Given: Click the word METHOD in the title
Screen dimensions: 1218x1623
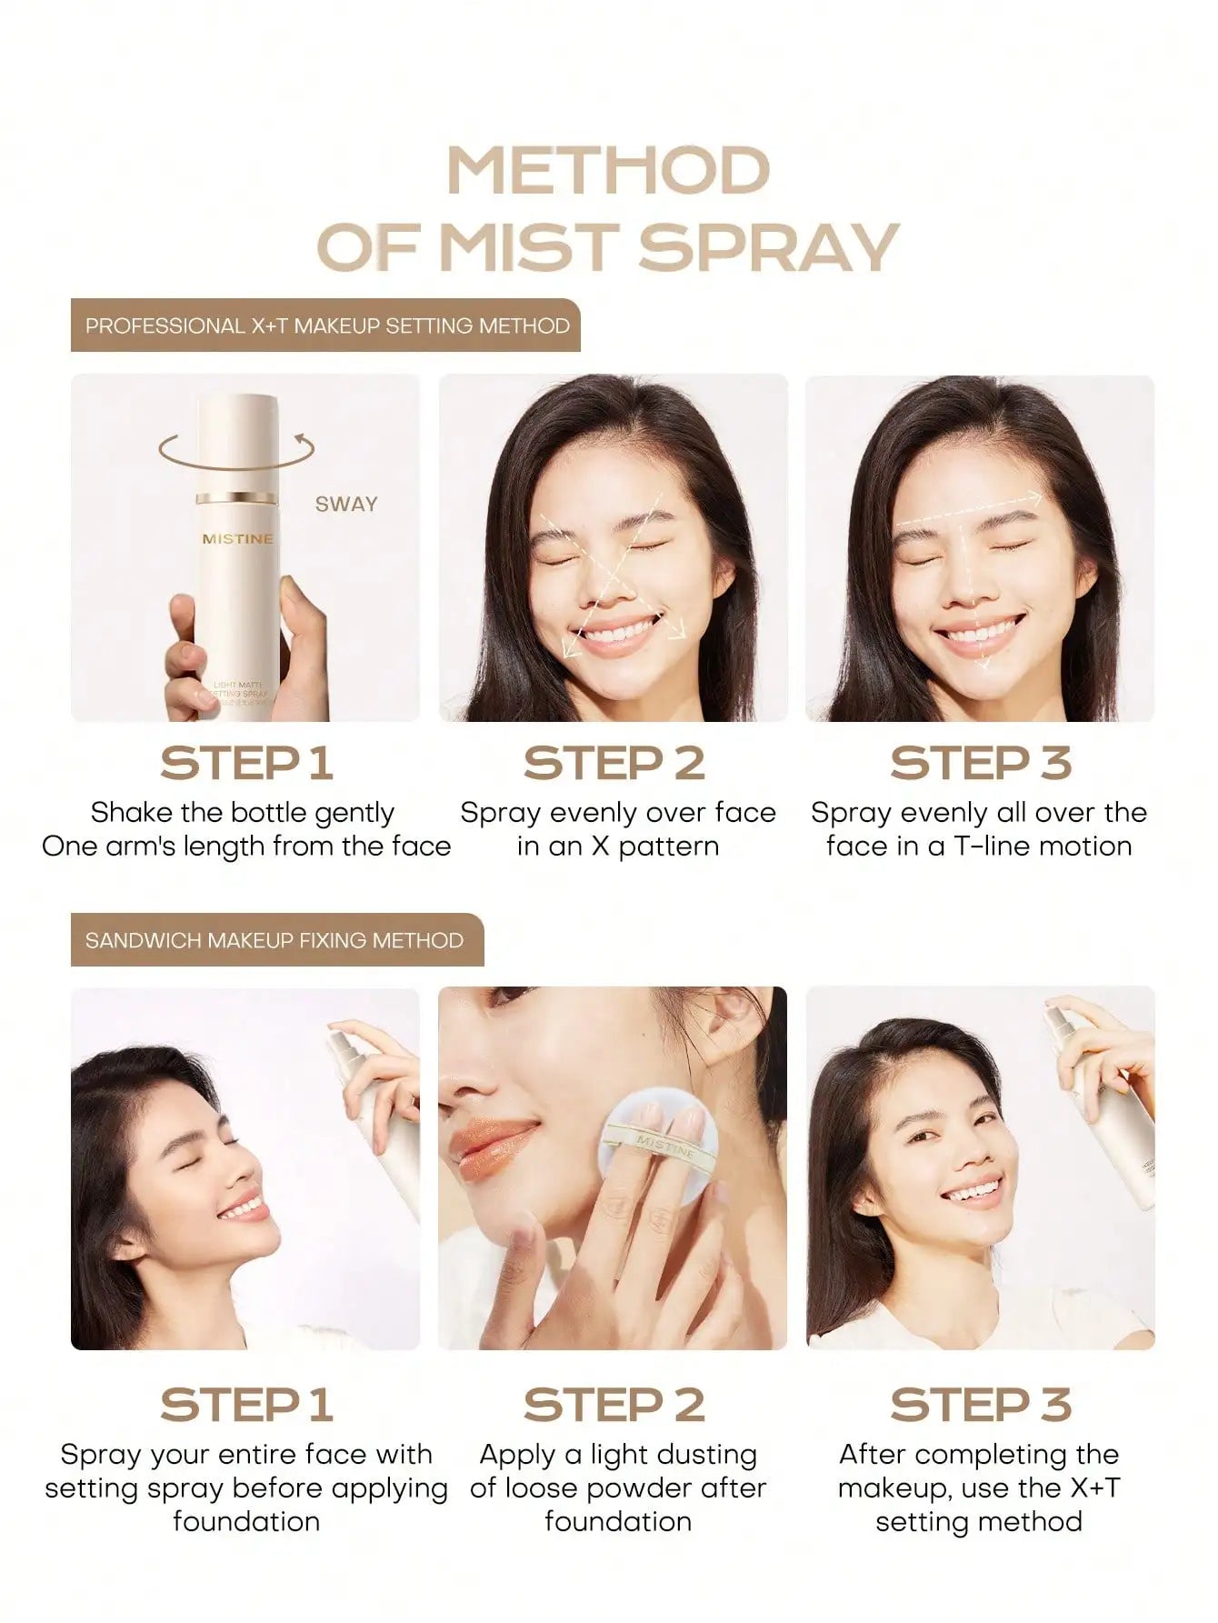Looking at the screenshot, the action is click(x=609, y=171).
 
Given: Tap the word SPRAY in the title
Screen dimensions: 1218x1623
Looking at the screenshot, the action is click(x=775, y=246).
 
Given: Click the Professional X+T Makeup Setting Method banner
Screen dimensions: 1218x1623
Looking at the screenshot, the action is click(x=325, y=326).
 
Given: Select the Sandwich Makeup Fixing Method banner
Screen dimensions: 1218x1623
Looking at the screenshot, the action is click(x=277, y=940).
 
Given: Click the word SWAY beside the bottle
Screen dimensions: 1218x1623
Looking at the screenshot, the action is click(x=346, y=504).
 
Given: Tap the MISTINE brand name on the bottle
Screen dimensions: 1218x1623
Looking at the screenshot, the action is click(x=237, y=539).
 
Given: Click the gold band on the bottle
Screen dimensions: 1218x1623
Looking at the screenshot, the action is click(x=237, y=496).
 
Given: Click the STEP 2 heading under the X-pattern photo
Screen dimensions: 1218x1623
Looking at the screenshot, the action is click(x=614, y=763).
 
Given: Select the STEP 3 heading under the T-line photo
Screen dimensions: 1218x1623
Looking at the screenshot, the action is click(x=981, y=763).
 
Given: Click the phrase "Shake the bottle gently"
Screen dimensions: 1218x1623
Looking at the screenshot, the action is click(x=243, y=812).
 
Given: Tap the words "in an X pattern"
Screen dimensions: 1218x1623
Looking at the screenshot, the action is click(x=618, y=847).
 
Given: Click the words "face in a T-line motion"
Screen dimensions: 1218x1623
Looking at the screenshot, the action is click(x=980, y=847).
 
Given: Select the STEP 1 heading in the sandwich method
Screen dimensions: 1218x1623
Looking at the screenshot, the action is click(x=246, y=1405).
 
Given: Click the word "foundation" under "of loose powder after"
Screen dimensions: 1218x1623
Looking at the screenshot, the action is click(x=618, y=1521).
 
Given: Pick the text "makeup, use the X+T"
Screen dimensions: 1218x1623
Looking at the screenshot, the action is click(x=979, y=1488).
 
